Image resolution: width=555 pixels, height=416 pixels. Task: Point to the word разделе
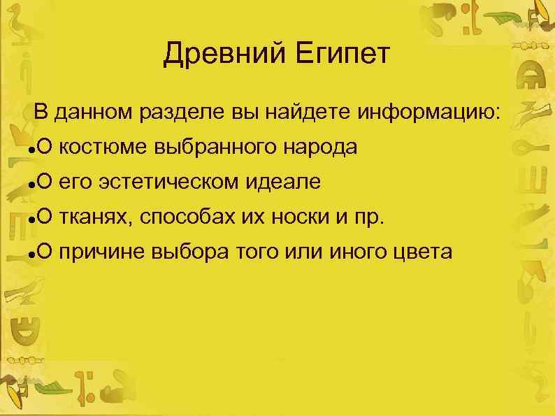point(182,112)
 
